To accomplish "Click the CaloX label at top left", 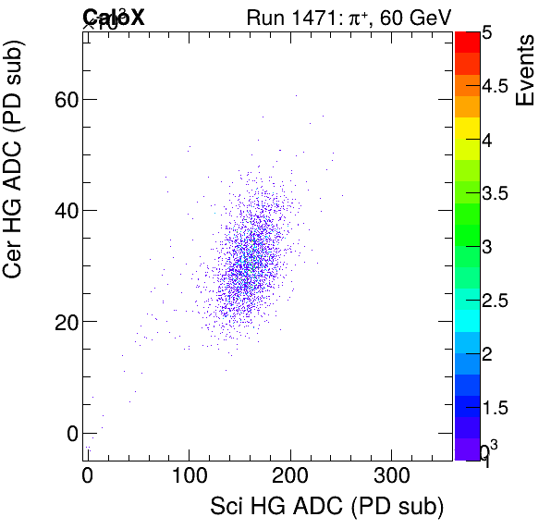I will pos(114,17).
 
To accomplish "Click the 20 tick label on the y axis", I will pos(63,322).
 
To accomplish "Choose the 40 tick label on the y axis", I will pos(63,211).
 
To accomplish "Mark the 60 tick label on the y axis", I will pos(63,100).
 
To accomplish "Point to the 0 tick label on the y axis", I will pos(70,433).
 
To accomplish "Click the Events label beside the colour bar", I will pos(526,69).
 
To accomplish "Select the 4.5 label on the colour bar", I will pos(495,87).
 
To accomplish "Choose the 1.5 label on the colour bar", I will pos(495,408).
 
